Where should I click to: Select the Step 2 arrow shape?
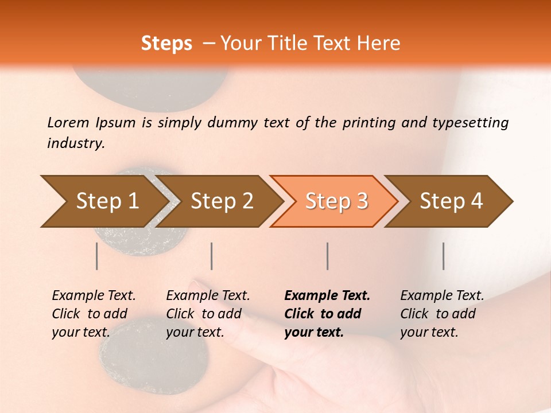click(x=221, y=201)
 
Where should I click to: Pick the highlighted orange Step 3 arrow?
click(x=336, y=201)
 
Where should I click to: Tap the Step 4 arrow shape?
click(x=451, y=201)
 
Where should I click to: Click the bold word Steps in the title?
click(x=166, y=44)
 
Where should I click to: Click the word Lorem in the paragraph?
click(x=68, y=122)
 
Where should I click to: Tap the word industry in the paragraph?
click(x=75, y=143)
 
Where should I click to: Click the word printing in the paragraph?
click(x=367, y=123)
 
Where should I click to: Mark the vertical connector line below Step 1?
click(x=97, y=256)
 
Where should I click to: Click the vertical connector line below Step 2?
click(x=212, y=256)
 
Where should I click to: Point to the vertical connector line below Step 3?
click(x=327, y=256)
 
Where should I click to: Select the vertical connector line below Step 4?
click(x=443, y=256)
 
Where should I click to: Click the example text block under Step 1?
click(x=94, y=314)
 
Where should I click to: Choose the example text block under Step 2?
click(x=208, y=314)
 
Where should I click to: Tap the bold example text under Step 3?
click(x=327, y=314)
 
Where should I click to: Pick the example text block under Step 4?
click(x=442, y=314)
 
